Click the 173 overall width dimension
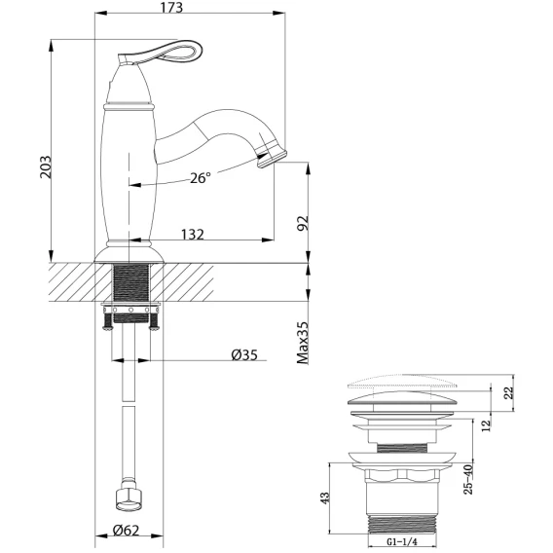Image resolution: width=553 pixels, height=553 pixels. pos(171,8)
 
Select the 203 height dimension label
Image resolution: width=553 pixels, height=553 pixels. pos(45,166)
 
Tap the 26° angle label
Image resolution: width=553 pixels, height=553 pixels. pos(201,178)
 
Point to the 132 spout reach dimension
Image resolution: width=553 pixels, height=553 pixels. pos(193,235)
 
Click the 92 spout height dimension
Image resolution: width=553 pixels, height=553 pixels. pos(303,223)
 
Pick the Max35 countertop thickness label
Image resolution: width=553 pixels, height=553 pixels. pos(303,343)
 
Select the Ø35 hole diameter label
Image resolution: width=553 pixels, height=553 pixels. pos(244,354)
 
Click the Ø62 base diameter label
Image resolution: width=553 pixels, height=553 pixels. pos(126,530)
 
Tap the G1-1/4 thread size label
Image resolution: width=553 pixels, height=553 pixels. pos(402,541)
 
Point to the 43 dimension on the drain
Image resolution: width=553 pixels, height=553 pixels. pos(325,498)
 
